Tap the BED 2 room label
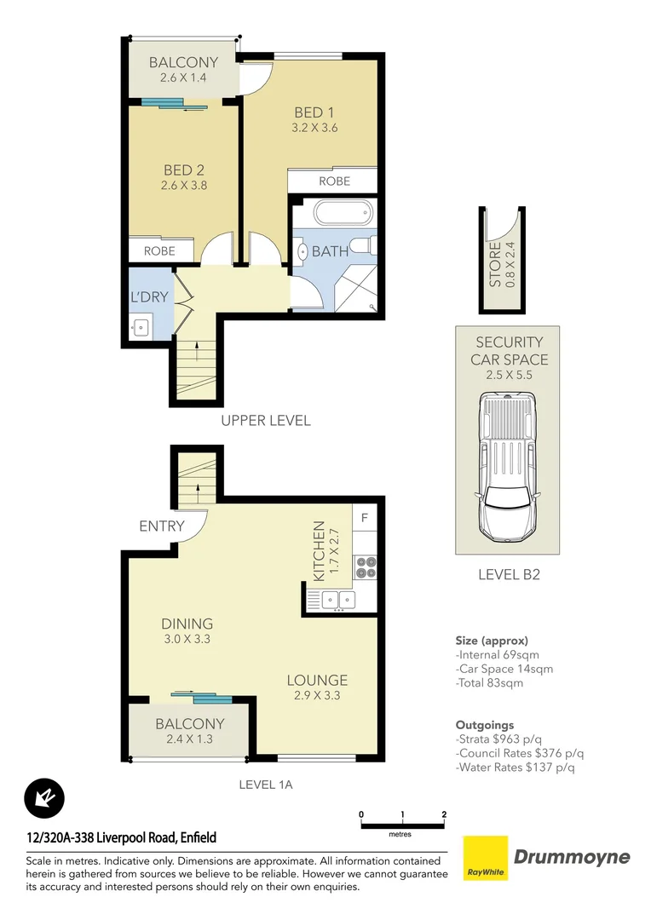183,170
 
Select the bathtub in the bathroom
331,211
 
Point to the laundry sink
141,325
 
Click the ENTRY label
162,526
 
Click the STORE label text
495,264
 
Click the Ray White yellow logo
485,859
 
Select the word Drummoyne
572,857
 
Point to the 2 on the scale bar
444,815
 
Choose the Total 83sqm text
491,682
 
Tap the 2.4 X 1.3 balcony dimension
190,739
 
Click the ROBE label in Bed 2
159,250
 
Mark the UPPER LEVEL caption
266,420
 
